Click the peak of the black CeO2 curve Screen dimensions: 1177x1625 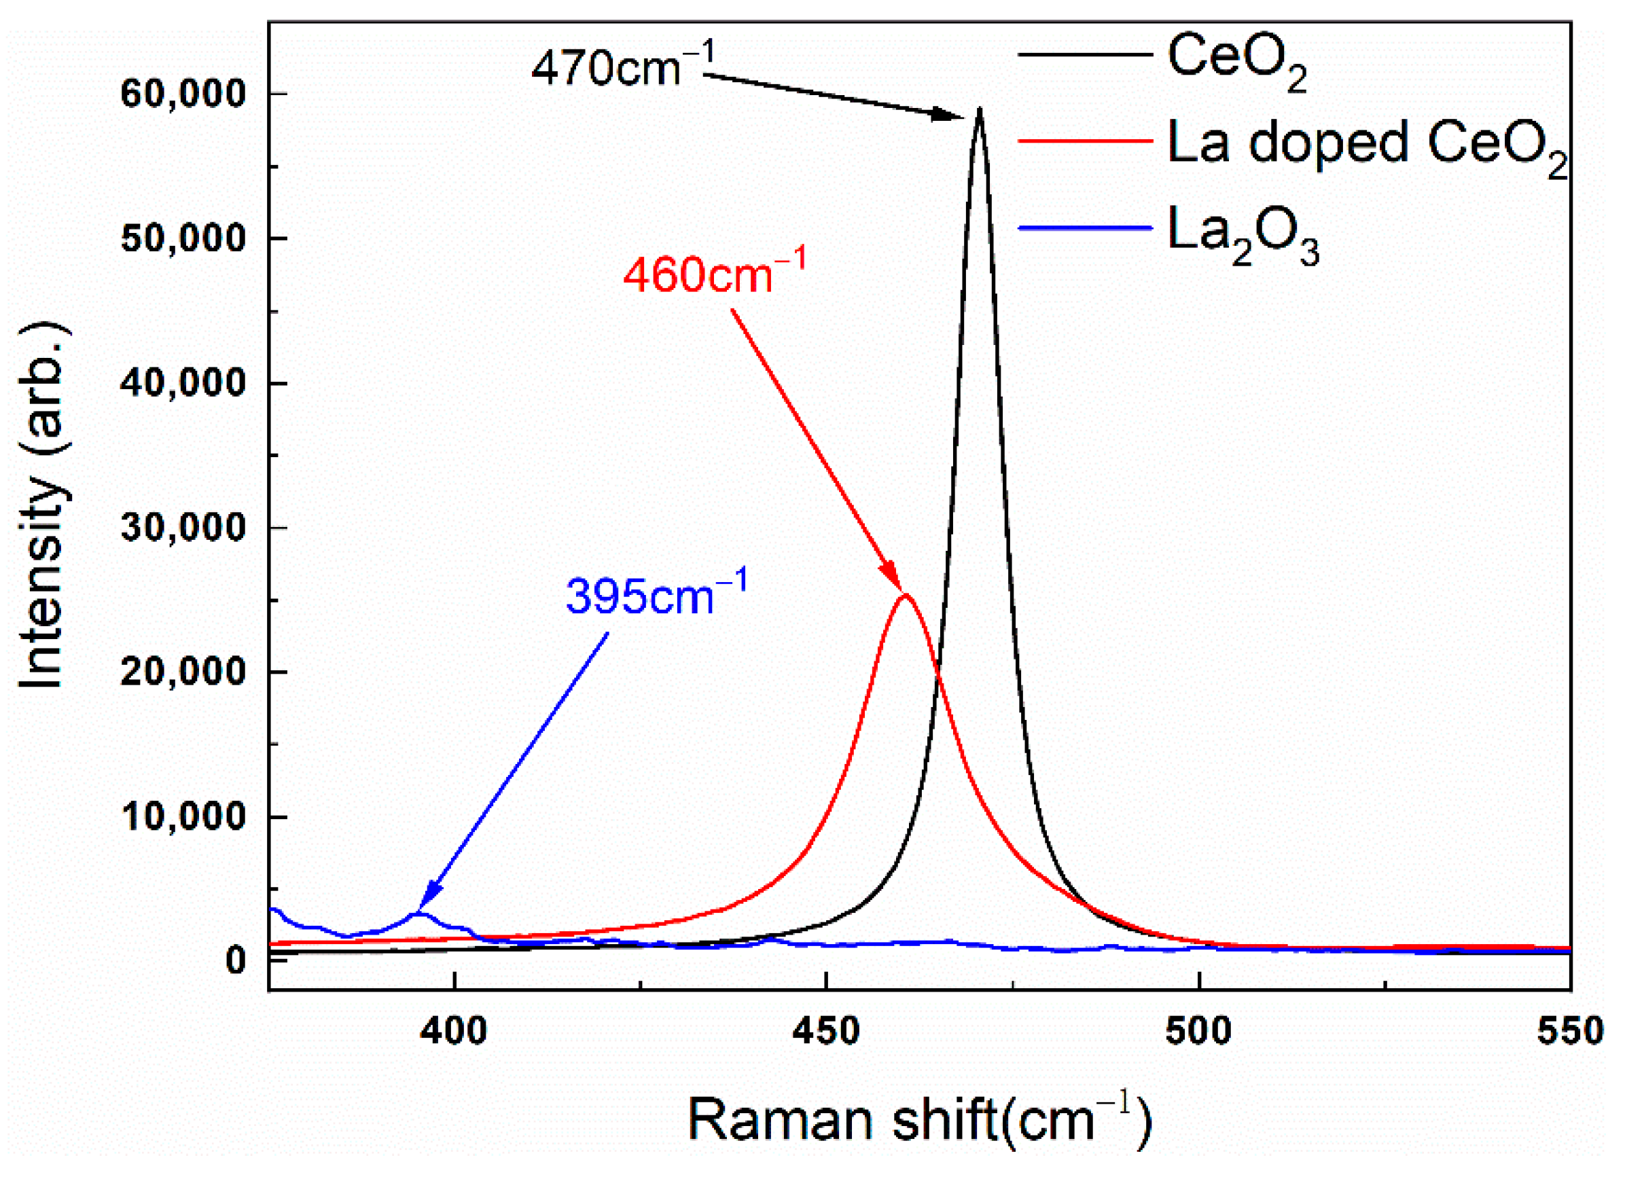tap(979, 109)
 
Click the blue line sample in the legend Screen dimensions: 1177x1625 tap(1085, 228)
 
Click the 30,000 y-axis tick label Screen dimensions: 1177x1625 tap(183, 528)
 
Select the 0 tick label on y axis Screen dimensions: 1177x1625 tap(236, 960)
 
